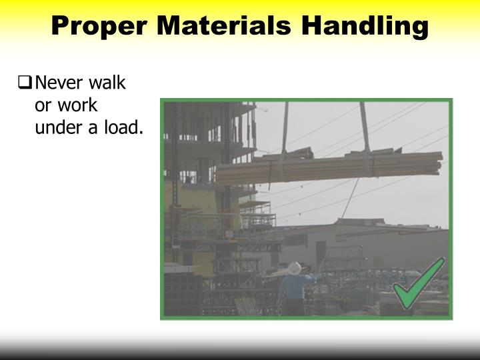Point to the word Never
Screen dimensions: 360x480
[x=57, y=84]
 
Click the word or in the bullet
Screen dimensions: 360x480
[x=43, y=105]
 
